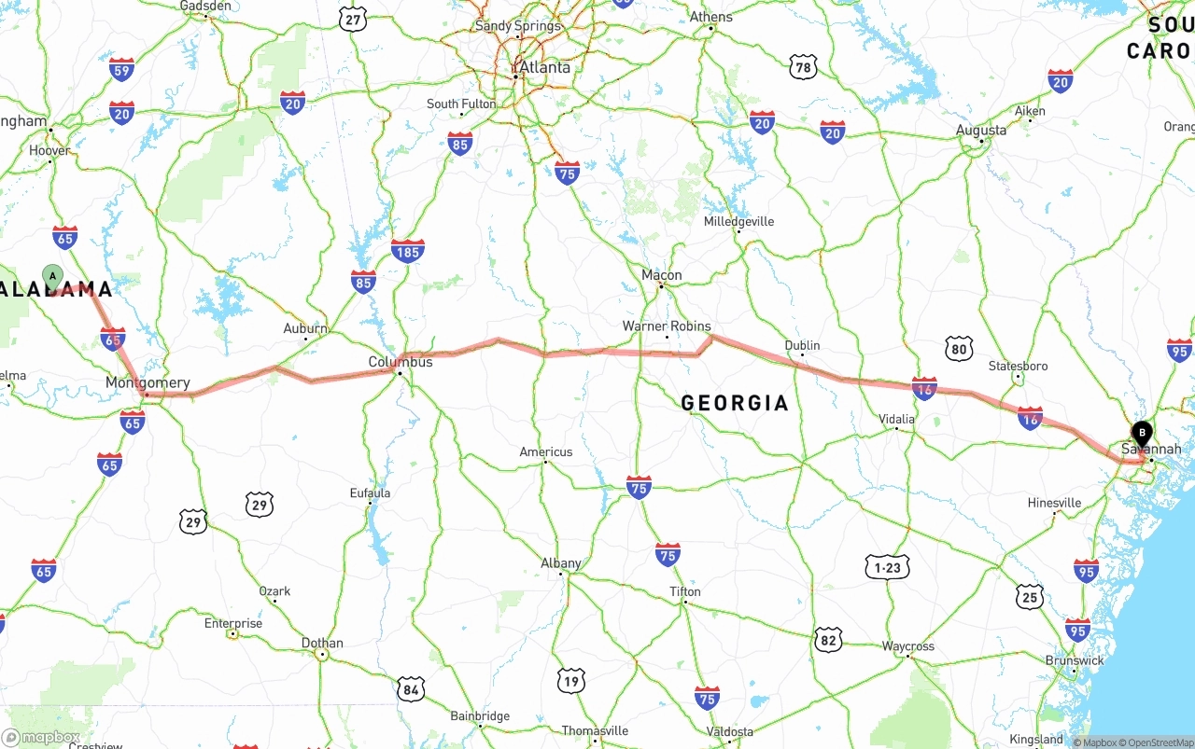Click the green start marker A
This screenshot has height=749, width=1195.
click(x=53, y=276)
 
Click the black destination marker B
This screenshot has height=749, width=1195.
click(x=1142, y=434)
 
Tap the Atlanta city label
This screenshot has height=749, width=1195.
click(x=544, y=67)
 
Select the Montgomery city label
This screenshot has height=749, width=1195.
click(x=148, y=382)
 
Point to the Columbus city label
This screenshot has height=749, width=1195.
click(x=401, y=362)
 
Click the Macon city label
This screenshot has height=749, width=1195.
click(x=662, y=275)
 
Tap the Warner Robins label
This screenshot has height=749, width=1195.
click(x=667, y=326)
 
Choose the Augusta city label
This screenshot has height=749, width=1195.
click(x=981, y=131)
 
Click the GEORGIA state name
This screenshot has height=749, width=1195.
click(x=735, y=403)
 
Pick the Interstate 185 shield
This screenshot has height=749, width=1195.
click(x=408, y=250)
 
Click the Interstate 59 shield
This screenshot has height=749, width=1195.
click(x=121, y=69)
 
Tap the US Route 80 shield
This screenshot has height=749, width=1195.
click(x=959, y=350)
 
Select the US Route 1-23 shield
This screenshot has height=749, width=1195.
click(x=887, y=567)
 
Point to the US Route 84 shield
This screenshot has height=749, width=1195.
click(x=410, y=689)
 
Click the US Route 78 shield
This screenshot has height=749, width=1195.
click(x=803, y=67)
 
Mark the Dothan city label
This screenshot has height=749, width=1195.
click(x=322, y=643)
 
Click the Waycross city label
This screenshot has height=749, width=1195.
click(x=907, y=646)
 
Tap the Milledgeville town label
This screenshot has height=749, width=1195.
click(x=738, y=221)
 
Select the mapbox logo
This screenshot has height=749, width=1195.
click(x=41, y=738)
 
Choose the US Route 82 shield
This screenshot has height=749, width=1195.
click(x=828, y=639)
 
